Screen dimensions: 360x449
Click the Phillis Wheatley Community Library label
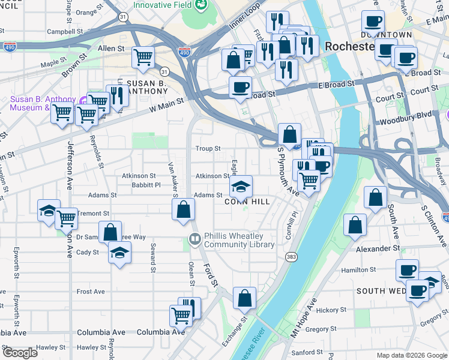coord(239,240)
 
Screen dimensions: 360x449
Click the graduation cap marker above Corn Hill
coord(241,187)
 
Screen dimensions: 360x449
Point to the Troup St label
coord(208,148)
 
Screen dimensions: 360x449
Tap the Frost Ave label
coord(91,292)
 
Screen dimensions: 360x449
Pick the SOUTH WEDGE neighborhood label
coord(381,291)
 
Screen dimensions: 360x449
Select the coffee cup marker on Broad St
coord(240,87)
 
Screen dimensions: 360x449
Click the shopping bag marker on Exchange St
coord(244,298)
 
